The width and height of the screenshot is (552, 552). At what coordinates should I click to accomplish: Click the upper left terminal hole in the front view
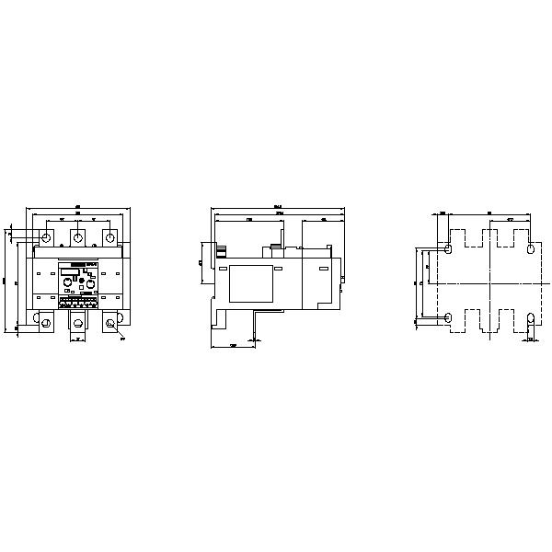(47, 237)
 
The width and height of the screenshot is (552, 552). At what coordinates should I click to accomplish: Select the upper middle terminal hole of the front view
(78, 237)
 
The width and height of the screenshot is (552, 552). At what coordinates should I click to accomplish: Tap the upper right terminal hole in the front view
(109, 237)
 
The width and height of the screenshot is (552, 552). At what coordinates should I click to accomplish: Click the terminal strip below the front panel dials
(78, 299)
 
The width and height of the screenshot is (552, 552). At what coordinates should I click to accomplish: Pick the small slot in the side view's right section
(324, 268)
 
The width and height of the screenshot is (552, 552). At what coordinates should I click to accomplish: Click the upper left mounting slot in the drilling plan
(448, 249)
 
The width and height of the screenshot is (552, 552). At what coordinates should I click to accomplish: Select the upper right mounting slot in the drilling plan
(531, 249)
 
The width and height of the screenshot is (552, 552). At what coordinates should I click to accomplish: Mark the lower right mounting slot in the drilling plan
(531, 319)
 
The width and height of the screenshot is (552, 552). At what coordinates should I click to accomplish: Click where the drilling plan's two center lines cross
(489, 284)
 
